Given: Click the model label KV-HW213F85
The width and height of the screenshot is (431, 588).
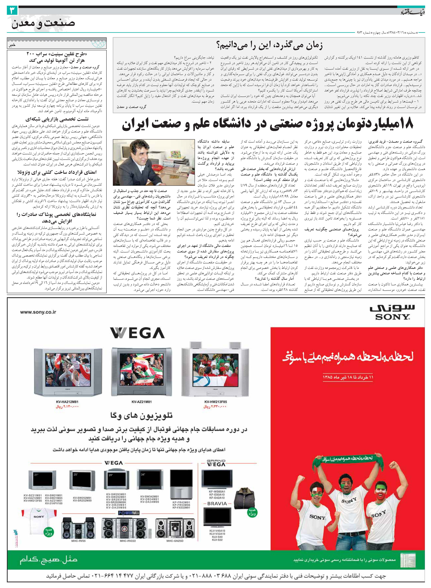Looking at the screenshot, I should [215, 402].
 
